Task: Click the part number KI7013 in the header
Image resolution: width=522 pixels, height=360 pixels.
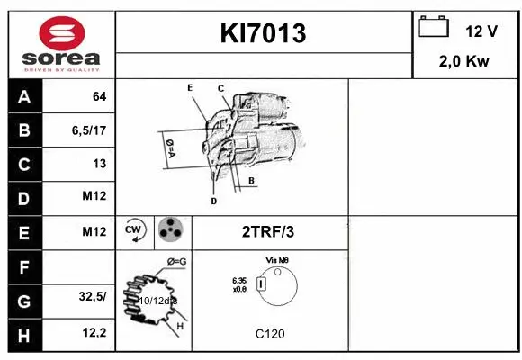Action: click(x=264, y=34)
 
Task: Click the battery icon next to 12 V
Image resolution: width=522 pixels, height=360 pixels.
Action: click(x=434, y=28)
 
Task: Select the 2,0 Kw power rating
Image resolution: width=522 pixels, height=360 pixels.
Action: click(x=463, y=61)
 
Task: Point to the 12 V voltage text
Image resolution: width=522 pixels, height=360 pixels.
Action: click(x=481, y=31)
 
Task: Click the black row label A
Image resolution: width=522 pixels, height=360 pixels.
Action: click(x=23, y=96)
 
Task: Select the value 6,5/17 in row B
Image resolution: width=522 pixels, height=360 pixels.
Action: click(x=89, y=130)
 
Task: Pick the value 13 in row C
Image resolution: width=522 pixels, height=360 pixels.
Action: click(x=99, y=164)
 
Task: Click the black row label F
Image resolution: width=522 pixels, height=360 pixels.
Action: click(x=23, y=266)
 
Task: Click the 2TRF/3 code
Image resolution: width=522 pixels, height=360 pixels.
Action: click(x=267, y=232)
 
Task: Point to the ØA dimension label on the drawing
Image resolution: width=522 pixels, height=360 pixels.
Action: click(x=168, y=148)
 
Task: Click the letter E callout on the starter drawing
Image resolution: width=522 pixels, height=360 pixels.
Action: click(x=190, y=87)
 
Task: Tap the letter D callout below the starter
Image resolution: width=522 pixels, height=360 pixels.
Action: click(x=213, y=202)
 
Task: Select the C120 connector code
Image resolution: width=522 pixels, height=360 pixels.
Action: click(x=269, y=334)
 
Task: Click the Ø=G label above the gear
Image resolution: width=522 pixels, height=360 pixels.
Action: click(x=176, y=261)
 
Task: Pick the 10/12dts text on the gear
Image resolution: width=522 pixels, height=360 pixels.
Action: click(x=157, y=300)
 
